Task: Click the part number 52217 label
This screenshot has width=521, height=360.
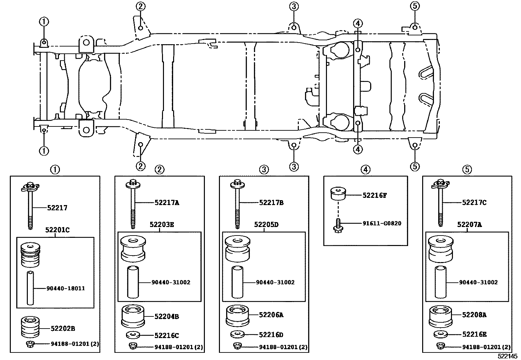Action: click(57, 208)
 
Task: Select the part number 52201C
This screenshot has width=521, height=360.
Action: click(57, 230)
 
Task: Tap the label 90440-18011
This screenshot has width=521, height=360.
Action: click(65, 288)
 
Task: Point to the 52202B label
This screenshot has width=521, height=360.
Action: click(63, 328)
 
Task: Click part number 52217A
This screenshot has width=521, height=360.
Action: click(167, 203)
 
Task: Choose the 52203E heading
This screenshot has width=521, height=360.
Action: click(162, 224)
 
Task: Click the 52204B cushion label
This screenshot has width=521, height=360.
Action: click(167, 316)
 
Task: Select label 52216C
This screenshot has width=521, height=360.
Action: click(167, 335)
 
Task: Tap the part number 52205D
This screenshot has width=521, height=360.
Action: click(266, 224)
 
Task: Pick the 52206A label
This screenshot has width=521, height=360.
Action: click(271, 315)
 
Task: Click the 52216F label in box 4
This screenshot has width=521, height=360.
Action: click(375, 195)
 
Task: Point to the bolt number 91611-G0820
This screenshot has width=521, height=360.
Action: click(382, 223)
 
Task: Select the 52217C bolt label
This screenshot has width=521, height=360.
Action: click(474, 203)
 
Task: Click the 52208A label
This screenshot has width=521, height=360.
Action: click(474, 315)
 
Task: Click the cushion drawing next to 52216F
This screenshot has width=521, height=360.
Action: click(338, 193)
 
